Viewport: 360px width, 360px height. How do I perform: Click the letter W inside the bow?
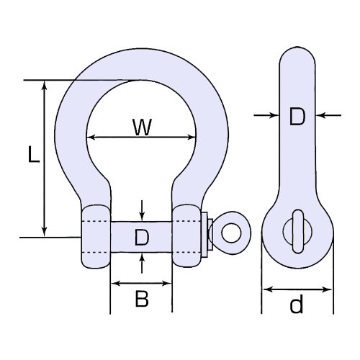pos(143,127)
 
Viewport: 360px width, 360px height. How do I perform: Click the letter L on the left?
pos(34,154)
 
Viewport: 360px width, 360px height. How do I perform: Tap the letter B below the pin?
pos(142,298)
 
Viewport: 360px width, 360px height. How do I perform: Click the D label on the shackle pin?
pos(142,237)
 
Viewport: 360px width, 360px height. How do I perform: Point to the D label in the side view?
pos(297,117)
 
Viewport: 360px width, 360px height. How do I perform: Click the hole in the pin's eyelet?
pos(231,233)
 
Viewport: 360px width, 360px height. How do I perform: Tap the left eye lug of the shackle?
pos(96,237)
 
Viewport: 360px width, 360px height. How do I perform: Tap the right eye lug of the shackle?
pos(186,236)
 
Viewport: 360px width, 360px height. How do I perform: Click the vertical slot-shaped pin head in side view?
pos(298,231)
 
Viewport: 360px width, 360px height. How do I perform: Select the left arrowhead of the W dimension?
pos(91,138)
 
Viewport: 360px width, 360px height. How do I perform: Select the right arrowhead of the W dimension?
pos(192,138)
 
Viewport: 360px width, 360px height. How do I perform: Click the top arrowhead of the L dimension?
pos(44,85)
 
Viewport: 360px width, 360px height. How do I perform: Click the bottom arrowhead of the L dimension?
pos(44,232)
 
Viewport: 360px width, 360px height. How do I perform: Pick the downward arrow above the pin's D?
pos(142,210)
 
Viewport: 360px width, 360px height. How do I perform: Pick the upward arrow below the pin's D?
pos(142,264)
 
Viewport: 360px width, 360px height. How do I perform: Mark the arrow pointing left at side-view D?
pos(328,115)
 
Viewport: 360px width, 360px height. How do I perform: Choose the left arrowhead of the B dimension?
pos(116,284)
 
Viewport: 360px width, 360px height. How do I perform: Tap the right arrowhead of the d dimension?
pos(327,289)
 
